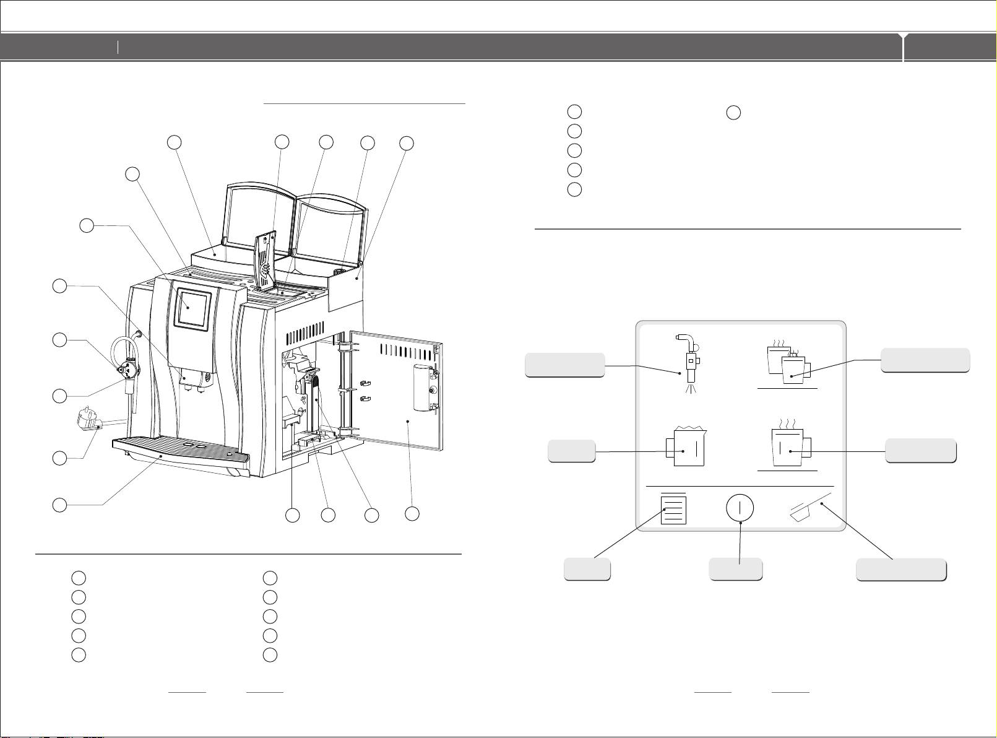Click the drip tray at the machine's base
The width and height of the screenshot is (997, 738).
point(179,447)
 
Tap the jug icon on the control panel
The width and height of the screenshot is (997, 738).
point(684,447)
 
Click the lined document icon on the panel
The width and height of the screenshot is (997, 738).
point(673,511)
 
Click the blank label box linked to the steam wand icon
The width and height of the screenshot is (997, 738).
point(564,365)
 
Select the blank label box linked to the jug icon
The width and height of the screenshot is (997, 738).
point(572,451)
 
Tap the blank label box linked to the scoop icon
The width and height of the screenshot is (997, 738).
point(900,570)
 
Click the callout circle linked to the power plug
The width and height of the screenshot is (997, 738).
point(59,458)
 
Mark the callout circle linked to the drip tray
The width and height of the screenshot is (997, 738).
point(59,505)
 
